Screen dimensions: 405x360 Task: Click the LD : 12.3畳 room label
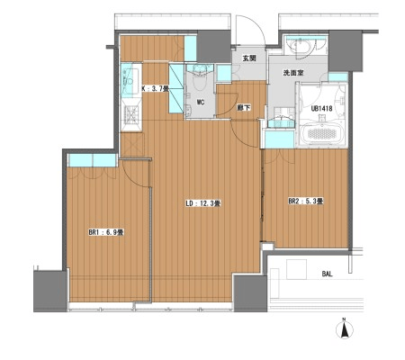[203, 203]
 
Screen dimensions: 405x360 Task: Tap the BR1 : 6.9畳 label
[106, 232]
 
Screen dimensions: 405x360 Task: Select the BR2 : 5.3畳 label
[305, 202]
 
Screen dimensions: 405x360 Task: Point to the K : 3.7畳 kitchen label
[155, 88]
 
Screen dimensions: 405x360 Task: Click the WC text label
[201, 103]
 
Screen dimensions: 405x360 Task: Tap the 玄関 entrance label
[249, 58]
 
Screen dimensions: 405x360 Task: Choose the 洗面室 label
[293, 73]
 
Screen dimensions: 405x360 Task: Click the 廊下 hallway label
[244, 108]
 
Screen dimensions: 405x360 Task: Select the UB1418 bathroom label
[321, 109]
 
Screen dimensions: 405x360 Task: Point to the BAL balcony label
[327, 274]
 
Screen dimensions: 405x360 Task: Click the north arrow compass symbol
[345, 328]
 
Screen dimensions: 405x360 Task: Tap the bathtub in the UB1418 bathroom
[321, 134]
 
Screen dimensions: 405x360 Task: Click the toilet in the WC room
[199, 77]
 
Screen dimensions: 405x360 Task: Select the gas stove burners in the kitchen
[131, 114]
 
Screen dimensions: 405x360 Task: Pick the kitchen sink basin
[130, 78]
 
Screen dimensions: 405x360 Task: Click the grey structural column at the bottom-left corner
[49, 292]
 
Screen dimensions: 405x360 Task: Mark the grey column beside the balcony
[250, 293]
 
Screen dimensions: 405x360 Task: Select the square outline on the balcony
[297, 270]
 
